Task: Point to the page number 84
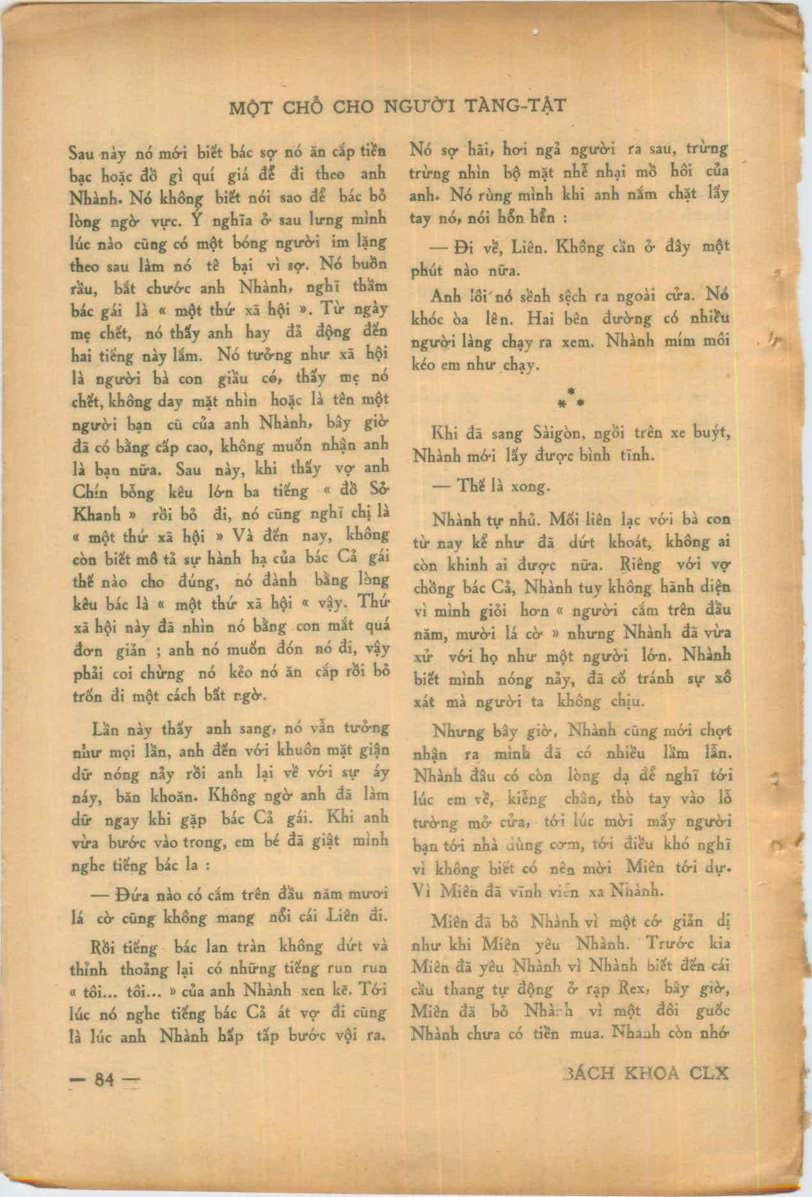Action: (x=104, y=1080)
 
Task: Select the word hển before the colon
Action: (x=536, y=218)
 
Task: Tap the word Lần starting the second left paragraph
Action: (x=107, y=730)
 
